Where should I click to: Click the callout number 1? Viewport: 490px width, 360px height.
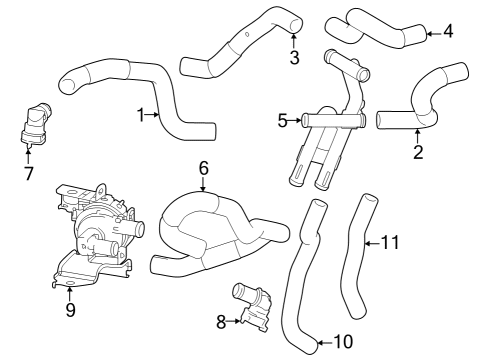[141, 115]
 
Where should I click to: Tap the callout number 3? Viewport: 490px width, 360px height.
[294, 57]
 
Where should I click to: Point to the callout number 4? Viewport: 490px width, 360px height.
[447, 30]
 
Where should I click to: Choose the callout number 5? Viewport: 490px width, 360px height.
[283, 120]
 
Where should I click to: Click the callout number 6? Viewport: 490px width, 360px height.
[202, 169]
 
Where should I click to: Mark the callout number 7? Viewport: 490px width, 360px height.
[28, 173]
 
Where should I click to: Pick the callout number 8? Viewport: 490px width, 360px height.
[220, 321]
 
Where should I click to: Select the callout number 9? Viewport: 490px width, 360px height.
[69, 309]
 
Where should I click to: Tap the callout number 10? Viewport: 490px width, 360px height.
[342, 341]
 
